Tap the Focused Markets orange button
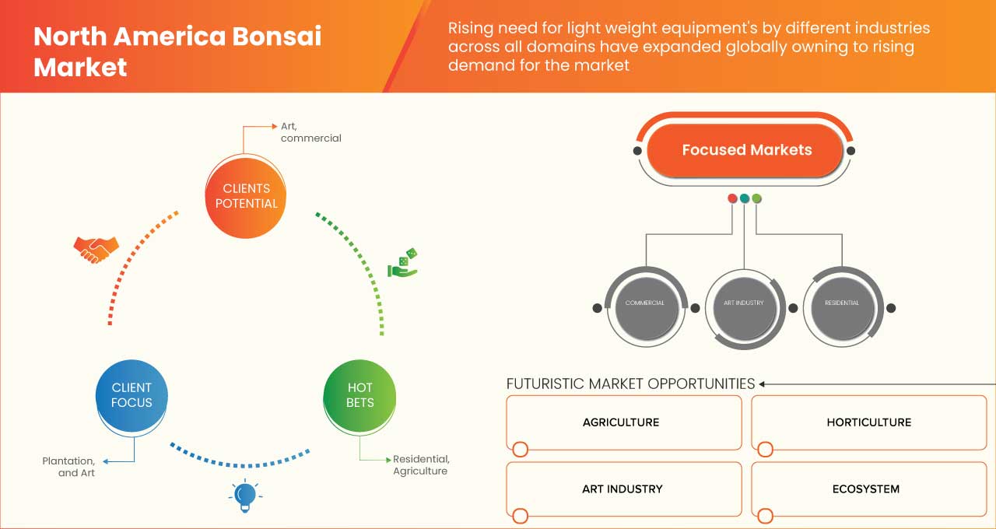click(746, 150)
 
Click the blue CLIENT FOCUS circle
click(132, 395)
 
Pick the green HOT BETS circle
click(359, 395)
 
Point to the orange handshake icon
click(96, 249)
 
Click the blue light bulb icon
click(245, 495)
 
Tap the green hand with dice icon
click(402, 264)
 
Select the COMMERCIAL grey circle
click(644, 303)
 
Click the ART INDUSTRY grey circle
click(743, 303)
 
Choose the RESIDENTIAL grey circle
click(841, 303)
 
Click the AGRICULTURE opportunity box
click(623, 422)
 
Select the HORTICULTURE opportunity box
click(868, 422)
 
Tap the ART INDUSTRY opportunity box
click(623, 489)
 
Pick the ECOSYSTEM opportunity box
click(868, 489)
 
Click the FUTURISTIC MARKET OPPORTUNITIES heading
click(630, 384)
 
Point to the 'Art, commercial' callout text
click(310, 132)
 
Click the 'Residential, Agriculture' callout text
click(421, 465)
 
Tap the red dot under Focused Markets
click(732, 198)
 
